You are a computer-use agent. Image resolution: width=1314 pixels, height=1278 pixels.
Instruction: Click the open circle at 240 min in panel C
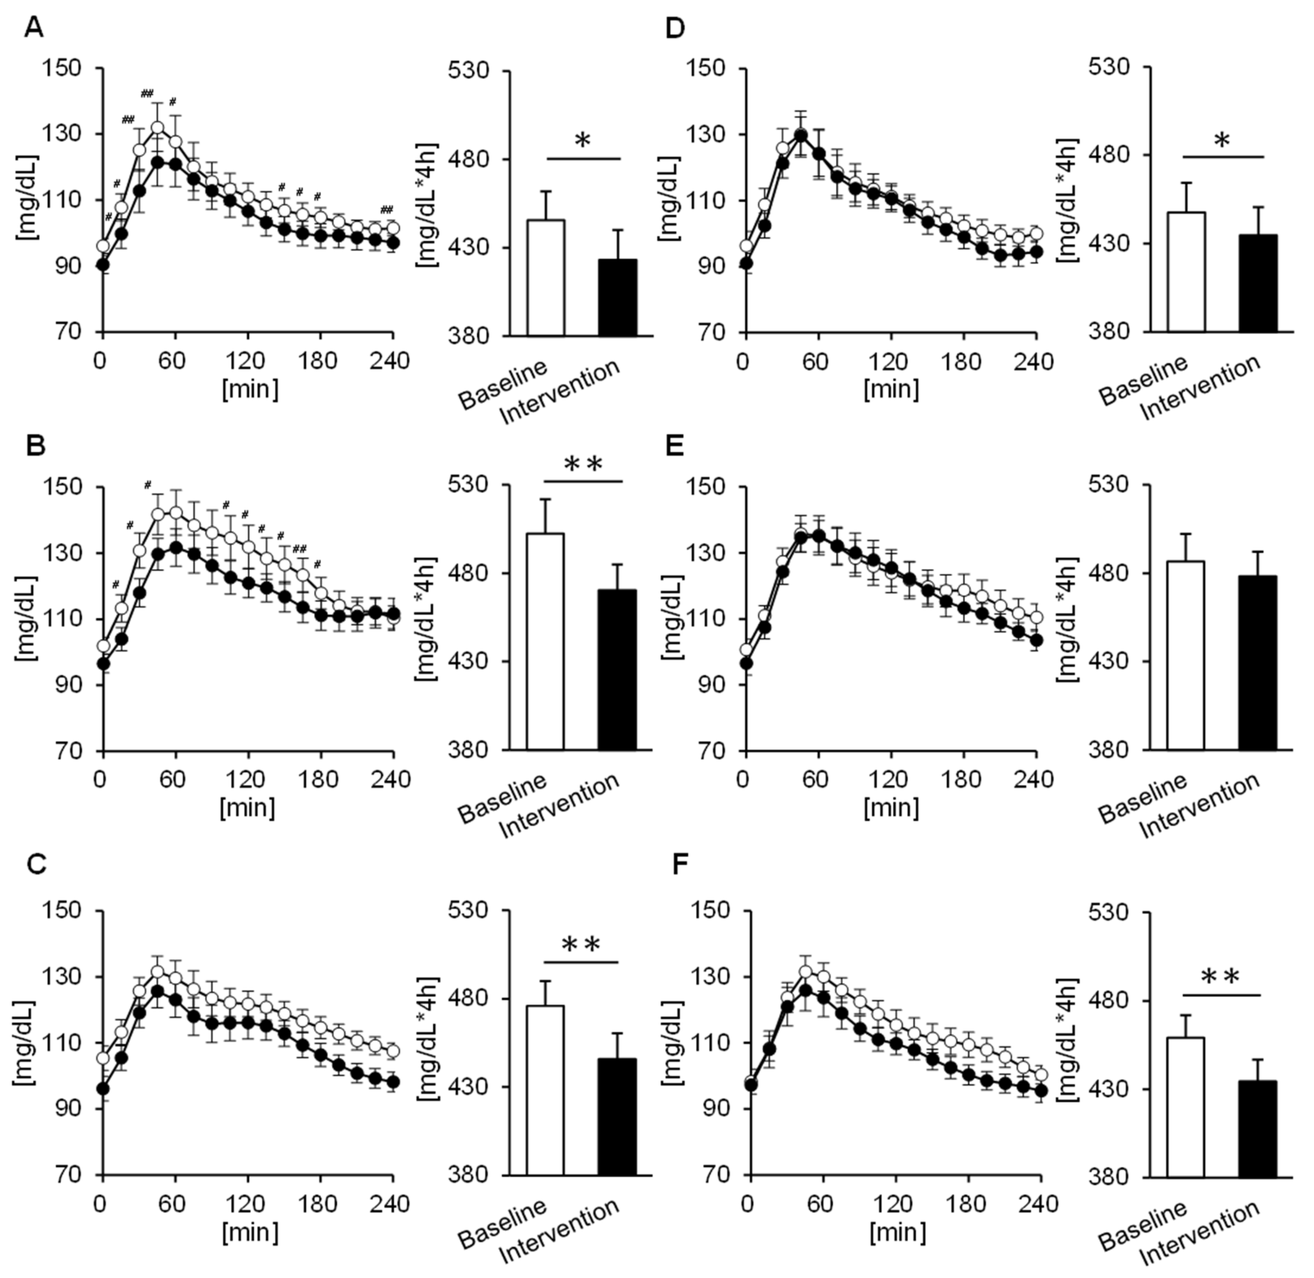click(x=393, y=1050)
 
